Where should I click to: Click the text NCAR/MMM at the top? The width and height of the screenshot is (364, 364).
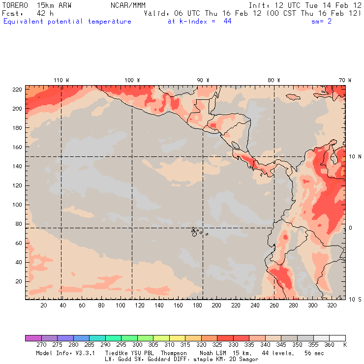click(x=128, y=4)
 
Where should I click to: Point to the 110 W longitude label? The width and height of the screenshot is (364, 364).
click(x=61, y=80)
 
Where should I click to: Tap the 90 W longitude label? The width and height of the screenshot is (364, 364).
click(x=203, y=80)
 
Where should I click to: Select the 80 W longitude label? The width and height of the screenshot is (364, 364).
click(x=274, y=80)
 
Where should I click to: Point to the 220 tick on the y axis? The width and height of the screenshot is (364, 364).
click(x=18, y=89)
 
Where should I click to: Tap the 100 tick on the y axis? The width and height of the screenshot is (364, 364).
click(x=18, y=204)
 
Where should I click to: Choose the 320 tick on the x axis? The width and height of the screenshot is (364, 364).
click(x=332, y=305)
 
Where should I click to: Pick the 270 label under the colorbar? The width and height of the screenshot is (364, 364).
click(x=41, y=345)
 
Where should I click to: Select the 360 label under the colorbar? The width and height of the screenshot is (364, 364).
click(x=329, y=345)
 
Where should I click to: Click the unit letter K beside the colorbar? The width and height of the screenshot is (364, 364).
click(x=345, y=345)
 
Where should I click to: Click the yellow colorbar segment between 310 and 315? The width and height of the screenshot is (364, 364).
click(x=177, y=338)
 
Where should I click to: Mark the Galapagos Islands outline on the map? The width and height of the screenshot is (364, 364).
click(x=197, y=231)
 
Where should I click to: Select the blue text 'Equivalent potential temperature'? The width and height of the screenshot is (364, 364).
click(x=67, y=22)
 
